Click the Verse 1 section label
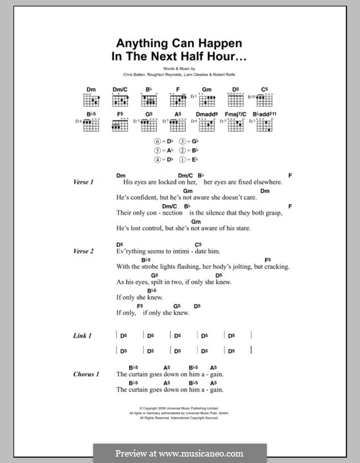click(x=84, y=183)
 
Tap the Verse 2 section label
click(x=84, y=251)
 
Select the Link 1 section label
click(x=84, y=336)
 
